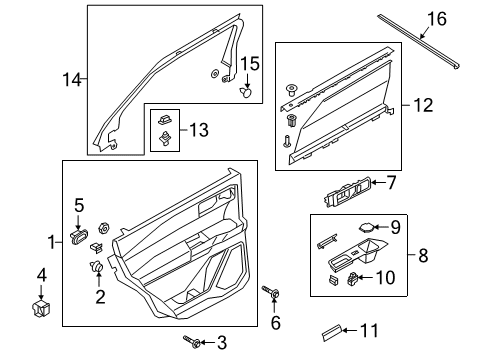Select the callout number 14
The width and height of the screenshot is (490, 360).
(x=71, y=78)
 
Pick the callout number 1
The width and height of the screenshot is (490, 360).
(x=51, y=242)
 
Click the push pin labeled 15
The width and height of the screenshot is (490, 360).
(x=246, y=92)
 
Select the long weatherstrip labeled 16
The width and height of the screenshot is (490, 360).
(x=420, y=43)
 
